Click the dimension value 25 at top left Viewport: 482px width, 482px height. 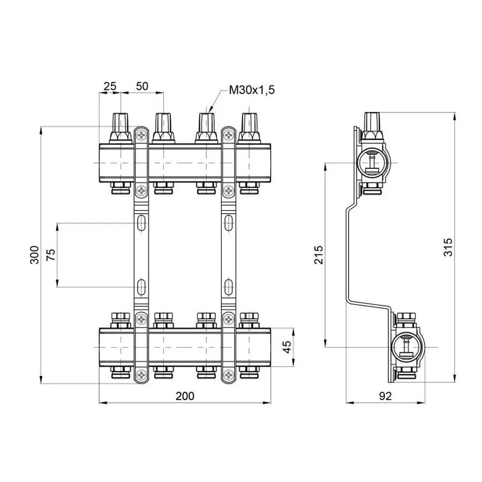pyautogui.click(x=110, y=86)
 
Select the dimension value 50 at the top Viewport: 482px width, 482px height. pyautogui.click(x=142, y=86)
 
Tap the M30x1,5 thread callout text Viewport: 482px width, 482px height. pyautogui.click(x=252, y=90)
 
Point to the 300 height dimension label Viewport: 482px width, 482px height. pyautogui.click(x=34, y=255)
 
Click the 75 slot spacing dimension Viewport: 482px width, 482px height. pyautogui.click(x=50, y=255)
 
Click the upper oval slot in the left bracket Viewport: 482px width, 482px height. pyautogui.click(x=141, y=222)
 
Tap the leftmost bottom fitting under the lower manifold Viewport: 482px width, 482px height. pyautogui.click(x=120, y=371)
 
